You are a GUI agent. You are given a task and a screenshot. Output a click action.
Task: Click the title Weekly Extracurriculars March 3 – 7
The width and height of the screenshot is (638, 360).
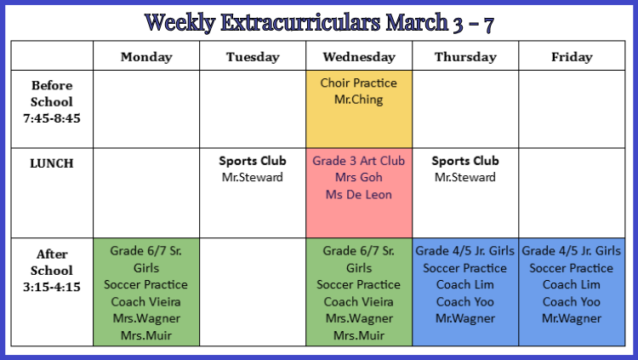click(319, 22)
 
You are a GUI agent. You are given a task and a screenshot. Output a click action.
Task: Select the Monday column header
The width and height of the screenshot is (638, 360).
click(146, 57)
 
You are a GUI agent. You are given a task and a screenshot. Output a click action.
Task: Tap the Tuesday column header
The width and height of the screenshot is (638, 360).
click(253, 57)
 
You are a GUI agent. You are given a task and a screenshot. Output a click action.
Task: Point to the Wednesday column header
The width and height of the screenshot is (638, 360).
click(359, 57)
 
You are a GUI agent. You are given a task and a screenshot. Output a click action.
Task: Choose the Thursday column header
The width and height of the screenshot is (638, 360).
click(465, 57)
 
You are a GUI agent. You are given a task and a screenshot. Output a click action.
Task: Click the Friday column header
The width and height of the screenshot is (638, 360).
click(572, 57)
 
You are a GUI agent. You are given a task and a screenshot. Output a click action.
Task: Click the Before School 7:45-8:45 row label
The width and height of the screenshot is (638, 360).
click(52, 102)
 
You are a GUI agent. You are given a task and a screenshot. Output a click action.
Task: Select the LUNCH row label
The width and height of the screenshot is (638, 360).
click(52, 163)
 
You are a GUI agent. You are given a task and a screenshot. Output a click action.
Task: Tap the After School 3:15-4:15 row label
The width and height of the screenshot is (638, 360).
click(52, 271)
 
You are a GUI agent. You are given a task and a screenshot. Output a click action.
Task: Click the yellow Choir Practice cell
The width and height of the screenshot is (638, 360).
click(359, 109)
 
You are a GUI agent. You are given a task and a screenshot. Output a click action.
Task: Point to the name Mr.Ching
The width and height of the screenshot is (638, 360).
click(358, 100)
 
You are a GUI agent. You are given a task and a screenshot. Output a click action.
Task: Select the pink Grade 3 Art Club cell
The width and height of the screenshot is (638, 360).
click(359, 193)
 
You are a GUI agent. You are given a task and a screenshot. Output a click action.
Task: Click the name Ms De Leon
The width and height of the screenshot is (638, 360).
click(358, 194)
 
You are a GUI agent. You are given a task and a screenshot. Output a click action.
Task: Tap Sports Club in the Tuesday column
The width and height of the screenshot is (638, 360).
click(253, 161)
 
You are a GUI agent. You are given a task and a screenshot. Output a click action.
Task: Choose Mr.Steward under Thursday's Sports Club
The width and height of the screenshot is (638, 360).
click(465, 177)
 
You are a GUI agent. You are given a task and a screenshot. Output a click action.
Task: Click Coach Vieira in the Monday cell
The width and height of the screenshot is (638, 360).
click(145, 302)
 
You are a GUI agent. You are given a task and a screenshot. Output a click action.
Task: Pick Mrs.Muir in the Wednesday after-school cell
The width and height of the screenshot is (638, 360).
click(359, 335)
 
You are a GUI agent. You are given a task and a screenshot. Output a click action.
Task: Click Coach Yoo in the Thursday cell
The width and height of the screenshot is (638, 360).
click(465, 302)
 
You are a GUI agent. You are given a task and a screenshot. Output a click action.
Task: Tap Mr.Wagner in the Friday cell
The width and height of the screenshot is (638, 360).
click(572, 318)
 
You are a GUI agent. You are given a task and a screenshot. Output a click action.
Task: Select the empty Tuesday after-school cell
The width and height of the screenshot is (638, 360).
click(253, 292)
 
